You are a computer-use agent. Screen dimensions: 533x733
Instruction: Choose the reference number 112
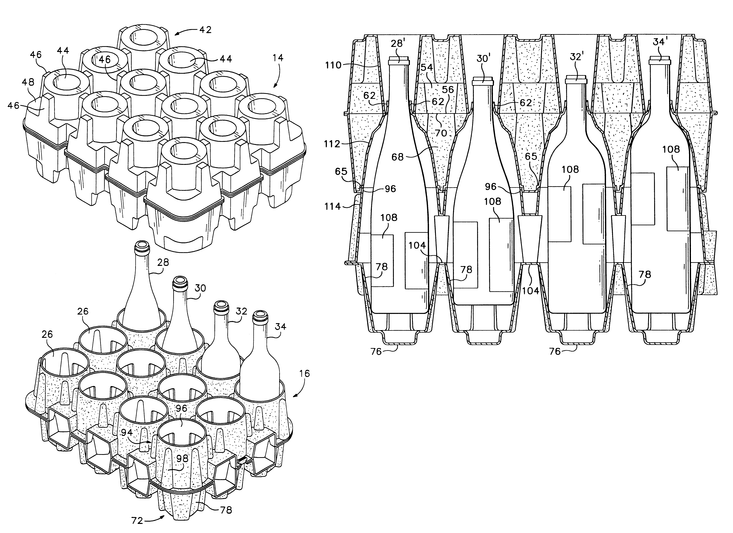pyautogui.click(x=332, y=144)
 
